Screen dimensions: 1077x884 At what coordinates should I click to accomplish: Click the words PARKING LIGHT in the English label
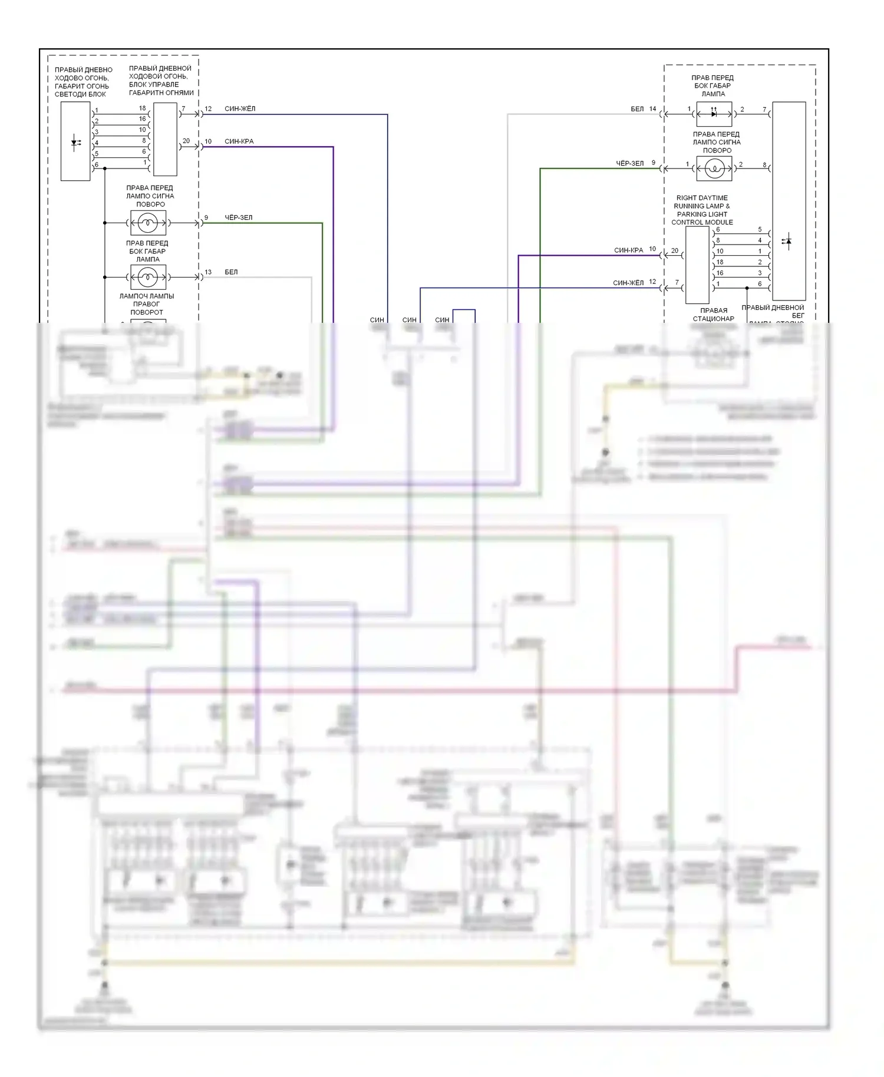click(x=702, y=214)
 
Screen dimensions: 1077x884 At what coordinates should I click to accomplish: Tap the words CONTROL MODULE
click(x=702, y=222)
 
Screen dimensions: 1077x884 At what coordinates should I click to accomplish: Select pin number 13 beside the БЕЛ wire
click(x=208, y=272)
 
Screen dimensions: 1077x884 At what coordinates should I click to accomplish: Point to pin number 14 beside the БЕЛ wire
click(x=652, y=109)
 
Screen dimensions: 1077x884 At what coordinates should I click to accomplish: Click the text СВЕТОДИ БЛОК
click(x=80, y=94)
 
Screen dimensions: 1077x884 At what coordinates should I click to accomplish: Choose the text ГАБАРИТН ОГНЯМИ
click(x=161, y=92)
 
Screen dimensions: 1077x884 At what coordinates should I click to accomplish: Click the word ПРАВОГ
click(x=146, y=304)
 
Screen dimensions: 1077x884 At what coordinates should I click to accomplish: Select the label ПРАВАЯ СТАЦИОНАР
click(x=713, y=315)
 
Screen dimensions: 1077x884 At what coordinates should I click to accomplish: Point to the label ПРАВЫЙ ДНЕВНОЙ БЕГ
click(x=773, y=311)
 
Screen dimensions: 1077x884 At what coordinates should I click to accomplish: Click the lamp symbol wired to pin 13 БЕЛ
click(x=148, y=277)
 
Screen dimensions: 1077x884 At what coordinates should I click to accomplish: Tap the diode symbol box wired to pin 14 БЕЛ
click(x=714, y=114)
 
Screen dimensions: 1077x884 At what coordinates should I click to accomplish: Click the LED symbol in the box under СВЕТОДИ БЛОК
click(x=75, y=141)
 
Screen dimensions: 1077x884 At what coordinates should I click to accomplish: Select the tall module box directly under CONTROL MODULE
click(x=697, y=265)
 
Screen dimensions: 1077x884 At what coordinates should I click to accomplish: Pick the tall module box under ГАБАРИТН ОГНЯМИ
click(x=165, y=139)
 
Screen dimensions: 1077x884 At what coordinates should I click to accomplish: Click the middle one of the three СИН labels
click(x=409, y=320)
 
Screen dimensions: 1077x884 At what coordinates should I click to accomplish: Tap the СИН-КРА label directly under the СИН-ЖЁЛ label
click(x=239, y=141)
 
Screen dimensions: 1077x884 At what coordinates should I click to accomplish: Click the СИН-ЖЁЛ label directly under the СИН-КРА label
click(x=628, y=283)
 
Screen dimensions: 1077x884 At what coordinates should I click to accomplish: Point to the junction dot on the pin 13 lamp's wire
click(x=105, y=277)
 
